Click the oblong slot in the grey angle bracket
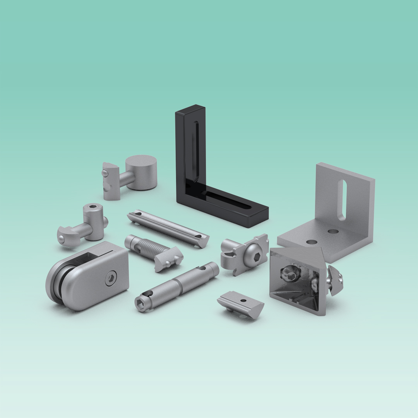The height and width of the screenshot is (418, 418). tap(342, 200)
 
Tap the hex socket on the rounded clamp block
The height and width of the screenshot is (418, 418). tap(110, 278)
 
